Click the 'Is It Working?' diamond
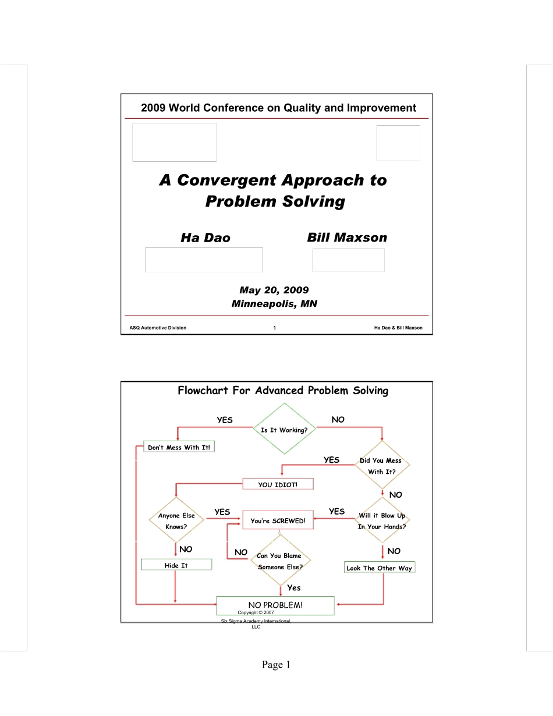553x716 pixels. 284,428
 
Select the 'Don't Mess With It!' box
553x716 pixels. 179,446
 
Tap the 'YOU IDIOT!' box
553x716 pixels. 278,484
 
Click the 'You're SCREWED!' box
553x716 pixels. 278,520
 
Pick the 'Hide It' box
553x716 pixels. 176,564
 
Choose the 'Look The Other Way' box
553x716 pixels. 380,567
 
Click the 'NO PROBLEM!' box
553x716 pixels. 275,605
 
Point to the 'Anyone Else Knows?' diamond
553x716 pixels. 176,519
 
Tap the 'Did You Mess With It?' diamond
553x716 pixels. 382,465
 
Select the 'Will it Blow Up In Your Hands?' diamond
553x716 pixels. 382,520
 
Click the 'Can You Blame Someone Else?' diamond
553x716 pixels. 280,560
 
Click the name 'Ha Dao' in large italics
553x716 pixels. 205,238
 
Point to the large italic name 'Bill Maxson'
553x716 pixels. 347,238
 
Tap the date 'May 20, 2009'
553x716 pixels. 274,290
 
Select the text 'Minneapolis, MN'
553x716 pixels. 274,303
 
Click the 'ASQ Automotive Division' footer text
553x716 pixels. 158,328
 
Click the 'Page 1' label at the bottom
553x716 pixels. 276,665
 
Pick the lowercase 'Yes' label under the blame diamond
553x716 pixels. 294,587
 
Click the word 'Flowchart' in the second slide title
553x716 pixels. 203,391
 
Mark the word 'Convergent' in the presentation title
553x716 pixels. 227,180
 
